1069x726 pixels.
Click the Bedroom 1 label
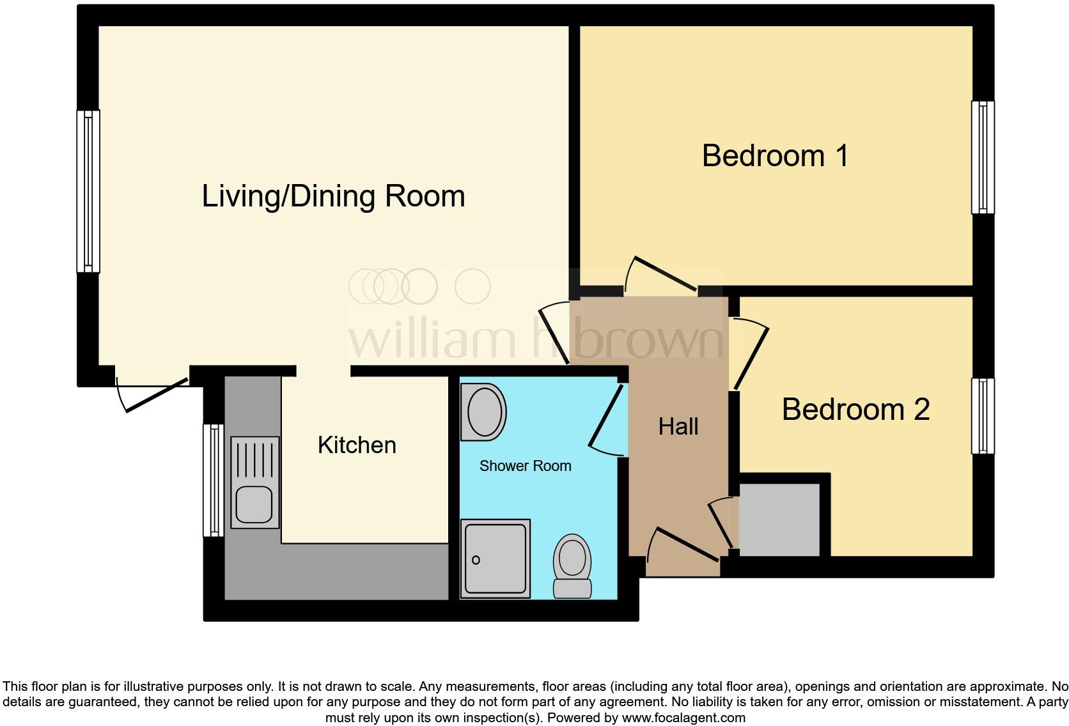[775, 156]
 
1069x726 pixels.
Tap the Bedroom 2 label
[855, 409]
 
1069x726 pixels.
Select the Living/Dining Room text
[333, 196]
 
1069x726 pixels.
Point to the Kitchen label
[357, 445]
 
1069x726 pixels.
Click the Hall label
[678, 426]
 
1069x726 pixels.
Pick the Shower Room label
[525, 466]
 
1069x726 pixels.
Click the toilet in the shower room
[572, 566]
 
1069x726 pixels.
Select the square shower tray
[495, 559]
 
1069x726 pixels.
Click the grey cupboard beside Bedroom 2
[779, 520]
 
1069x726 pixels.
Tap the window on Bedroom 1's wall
[983, 157]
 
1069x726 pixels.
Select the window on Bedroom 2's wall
[983, 416]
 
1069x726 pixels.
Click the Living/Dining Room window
[88, 191]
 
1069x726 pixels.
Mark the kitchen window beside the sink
[214, 480]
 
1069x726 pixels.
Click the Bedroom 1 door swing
[662, 275]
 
